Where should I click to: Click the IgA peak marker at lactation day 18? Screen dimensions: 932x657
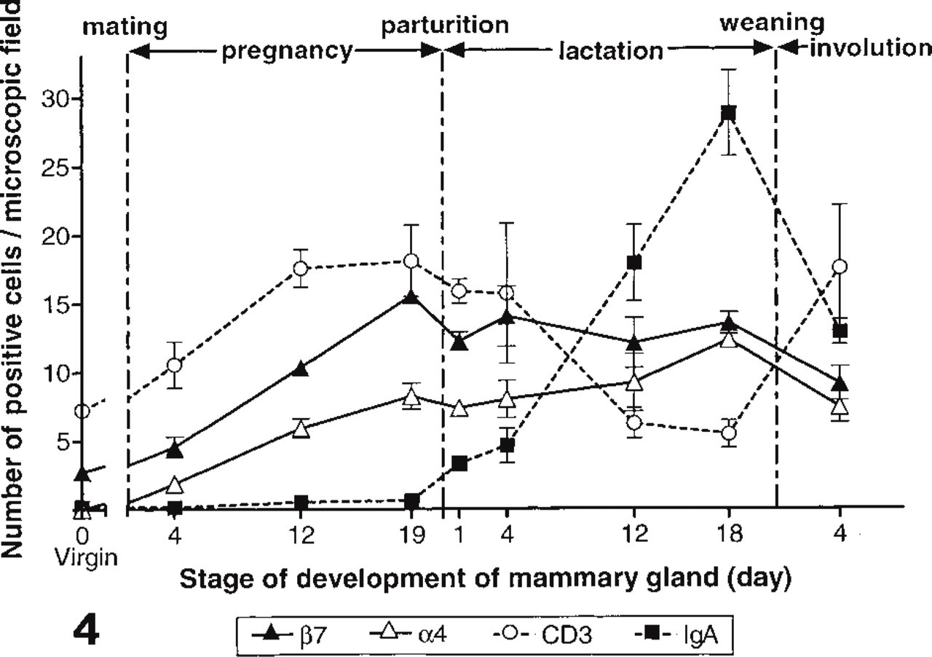point(728,113)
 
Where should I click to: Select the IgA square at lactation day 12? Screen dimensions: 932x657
point(634,263)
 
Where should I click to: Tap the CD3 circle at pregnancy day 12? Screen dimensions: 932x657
point(301,269)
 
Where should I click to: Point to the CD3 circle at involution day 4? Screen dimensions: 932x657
point(840,267)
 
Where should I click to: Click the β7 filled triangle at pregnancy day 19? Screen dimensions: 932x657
point(411,297)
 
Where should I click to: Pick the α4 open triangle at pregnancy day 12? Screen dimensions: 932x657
point(301,430)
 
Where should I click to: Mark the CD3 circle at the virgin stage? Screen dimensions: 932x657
point(82,412)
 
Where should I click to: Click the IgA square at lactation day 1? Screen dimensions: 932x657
point(459,463)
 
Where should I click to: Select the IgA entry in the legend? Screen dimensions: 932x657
point(677,635)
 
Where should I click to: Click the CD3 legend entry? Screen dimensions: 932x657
point(541,635)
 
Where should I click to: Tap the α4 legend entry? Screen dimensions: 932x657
point(408,635)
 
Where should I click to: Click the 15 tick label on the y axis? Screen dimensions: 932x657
point(57,305)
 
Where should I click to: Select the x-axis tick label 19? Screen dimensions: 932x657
point(411,534)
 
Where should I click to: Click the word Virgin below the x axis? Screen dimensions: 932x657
point(87,557)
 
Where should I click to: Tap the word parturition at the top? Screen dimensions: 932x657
point(445,25)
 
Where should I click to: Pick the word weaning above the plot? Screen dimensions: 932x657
point(772,24)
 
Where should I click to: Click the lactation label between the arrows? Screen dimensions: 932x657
point(611,51)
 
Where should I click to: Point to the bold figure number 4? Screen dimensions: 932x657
point(86,632)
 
